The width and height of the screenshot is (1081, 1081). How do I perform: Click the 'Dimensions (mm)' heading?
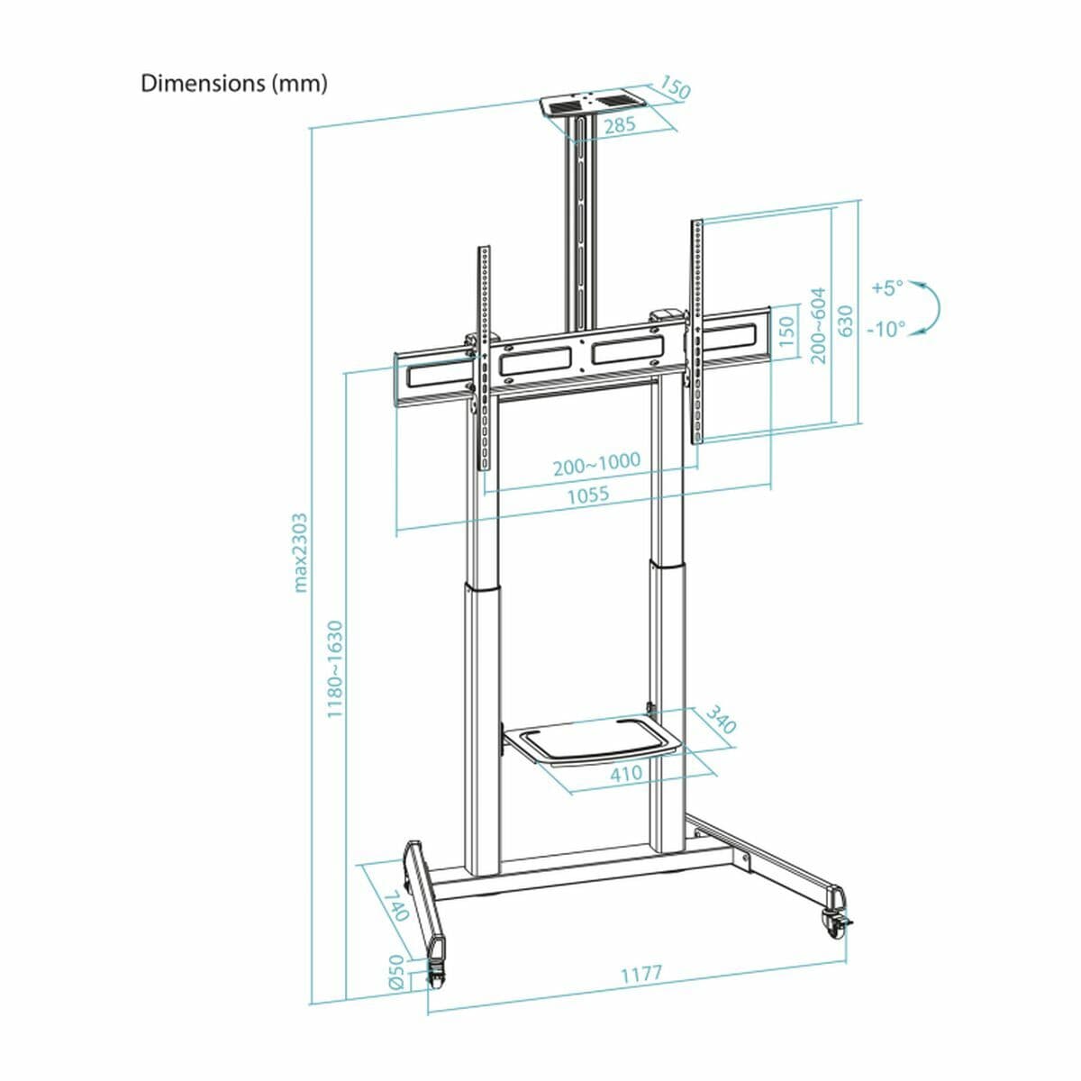click(234, 84)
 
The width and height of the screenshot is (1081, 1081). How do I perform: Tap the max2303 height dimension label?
click(301, 552)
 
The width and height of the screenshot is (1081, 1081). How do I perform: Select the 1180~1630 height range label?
click(335, 668)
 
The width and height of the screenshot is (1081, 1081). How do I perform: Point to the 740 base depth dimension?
click(395, 905)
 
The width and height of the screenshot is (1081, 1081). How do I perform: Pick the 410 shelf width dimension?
click(625, 773)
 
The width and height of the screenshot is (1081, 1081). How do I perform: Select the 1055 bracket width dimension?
click(587, 495)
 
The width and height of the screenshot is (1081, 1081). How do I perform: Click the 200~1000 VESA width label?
click(596, 463)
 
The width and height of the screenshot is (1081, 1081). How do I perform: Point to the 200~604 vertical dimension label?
click(818, 325)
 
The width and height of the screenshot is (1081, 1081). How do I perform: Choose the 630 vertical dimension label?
click(845, 321)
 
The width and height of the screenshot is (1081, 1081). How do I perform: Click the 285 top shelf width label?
click(620, 125)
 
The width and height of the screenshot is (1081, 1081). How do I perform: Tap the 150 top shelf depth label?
click(674, 88)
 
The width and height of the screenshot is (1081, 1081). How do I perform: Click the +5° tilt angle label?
click(886, 288)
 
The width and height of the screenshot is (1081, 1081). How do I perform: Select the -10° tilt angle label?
click(886, 329)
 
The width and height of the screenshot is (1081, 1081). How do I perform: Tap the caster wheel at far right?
click(832, 921)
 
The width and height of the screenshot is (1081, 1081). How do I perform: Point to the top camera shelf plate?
click(590, 104)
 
